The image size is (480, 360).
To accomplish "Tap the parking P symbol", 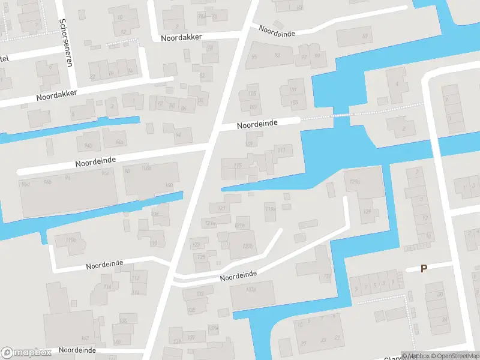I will click(424, 269).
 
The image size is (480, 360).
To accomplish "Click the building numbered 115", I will click(238, 166).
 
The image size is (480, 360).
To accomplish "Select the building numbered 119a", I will click(271, 209).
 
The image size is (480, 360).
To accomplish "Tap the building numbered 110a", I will click(71, 241).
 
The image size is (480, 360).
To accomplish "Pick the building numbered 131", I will click(327, 276).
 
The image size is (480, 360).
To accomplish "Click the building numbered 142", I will click(84, 339).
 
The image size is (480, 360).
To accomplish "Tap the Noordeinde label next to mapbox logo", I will click(77, 349).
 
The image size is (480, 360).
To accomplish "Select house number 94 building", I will click(178, 135).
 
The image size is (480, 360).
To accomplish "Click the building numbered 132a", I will click(251, 290).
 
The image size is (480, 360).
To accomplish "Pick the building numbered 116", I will click(107, 287).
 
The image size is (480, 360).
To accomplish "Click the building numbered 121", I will click(222, 208).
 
